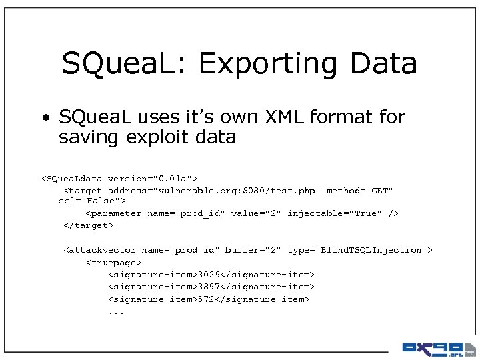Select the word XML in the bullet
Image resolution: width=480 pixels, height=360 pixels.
(278, 117)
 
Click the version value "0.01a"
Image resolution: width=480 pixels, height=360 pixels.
(172, 179)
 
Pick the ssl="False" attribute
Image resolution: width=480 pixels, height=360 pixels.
(92, 201)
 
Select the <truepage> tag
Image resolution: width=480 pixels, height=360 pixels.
(113, 263)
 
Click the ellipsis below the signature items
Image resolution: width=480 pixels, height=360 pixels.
(116, 312)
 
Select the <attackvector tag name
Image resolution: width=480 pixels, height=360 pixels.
(99, 250)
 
